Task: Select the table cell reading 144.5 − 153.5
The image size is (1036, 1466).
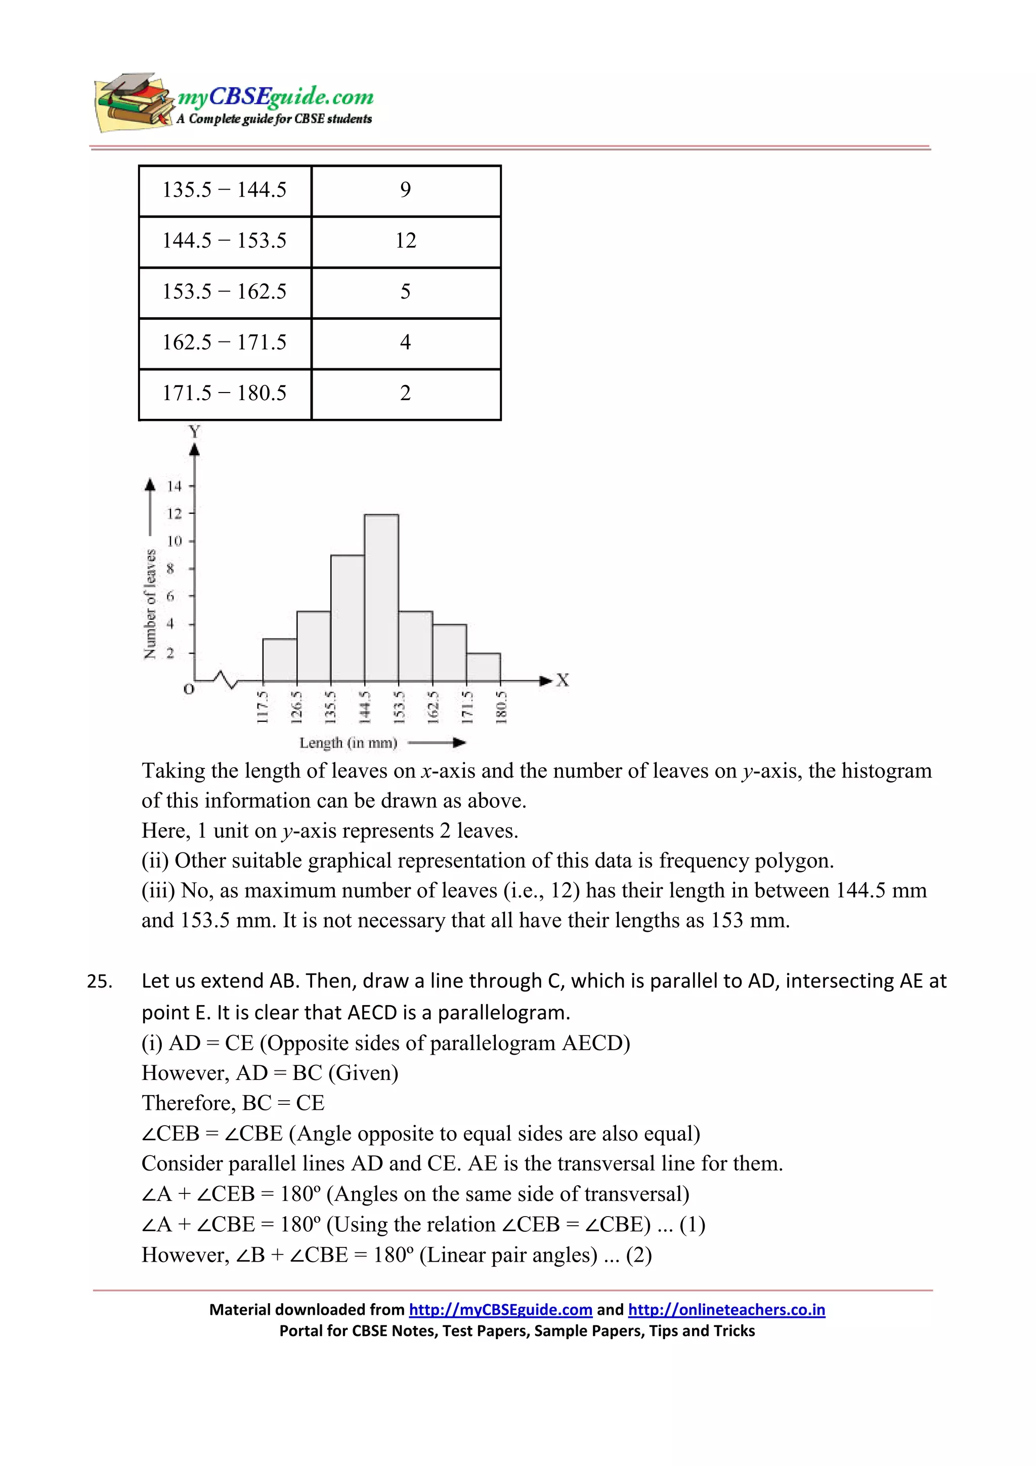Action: click(x=224, y=241)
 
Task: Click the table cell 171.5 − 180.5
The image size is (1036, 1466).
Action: click(x=224, y=394)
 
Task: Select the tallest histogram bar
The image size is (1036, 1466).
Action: click(x=381, y=597)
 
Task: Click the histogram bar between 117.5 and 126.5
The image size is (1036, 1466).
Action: click(x=280, y=660)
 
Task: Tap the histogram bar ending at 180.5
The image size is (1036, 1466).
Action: click(x=483, y=667)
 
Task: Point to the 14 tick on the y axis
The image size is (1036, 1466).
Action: click(x=174, y=486)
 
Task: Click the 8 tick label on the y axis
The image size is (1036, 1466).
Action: click(x=170, y=568)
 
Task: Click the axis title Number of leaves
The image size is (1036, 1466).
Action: click(x=150, y=603)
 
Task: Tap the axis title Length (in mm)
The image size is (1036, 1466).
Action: click(x=348, y=743)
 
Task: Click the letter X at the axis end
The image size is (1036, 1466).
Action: click(x=563, y=680)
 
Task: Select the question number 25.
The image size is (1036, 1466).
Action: click(x=100, y=981)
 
